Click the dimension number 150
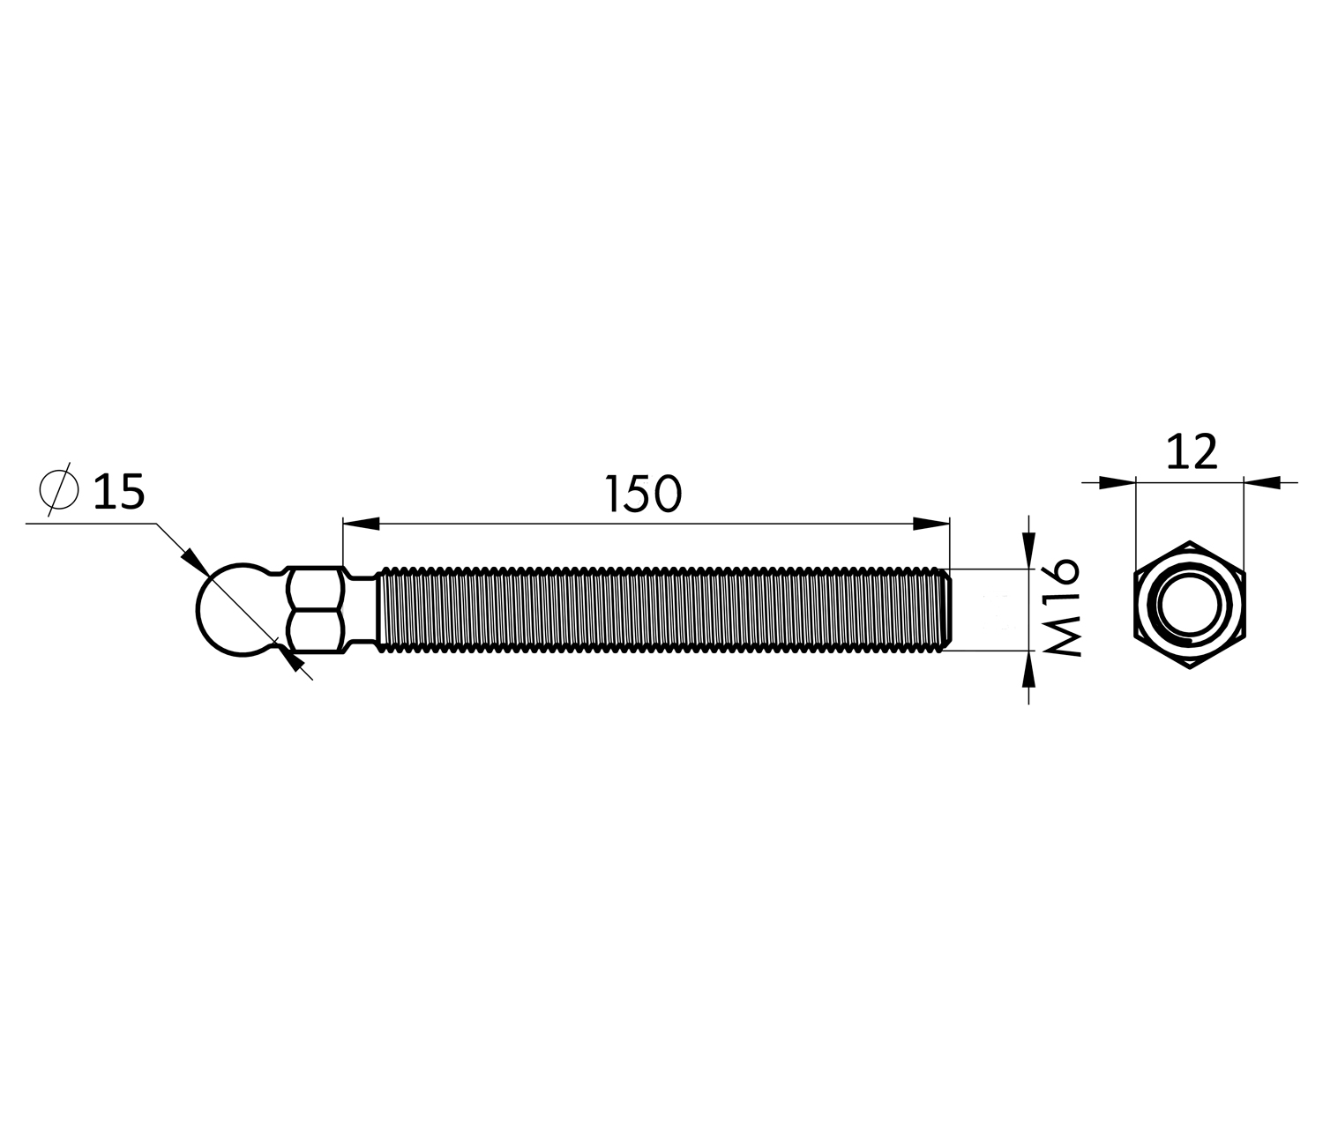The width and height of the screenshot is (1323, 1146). [x=643, y=494]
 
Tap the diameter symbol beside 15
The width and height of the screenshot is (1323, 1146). [x=59, y=489]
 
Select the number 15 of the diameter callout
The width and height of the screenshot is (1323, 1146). [x=120, y=491]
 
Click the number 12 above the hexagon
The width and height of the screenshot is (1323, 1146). [x=1192, y=451]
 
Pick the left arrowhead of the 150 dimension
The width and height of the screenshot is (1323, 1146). [x=361, y=524]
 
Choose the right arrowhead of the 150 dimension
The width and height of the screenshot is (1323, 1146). [x=932, y=524]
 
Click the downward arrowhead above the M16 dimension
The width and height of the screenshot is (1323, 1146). [x=1028, y=550]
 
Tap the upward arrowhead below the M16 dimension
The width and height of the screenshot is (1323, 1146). [x=1028, y=669]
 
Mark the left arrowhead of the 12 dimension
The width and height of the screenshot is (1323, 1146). [x=1117, y=482]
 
